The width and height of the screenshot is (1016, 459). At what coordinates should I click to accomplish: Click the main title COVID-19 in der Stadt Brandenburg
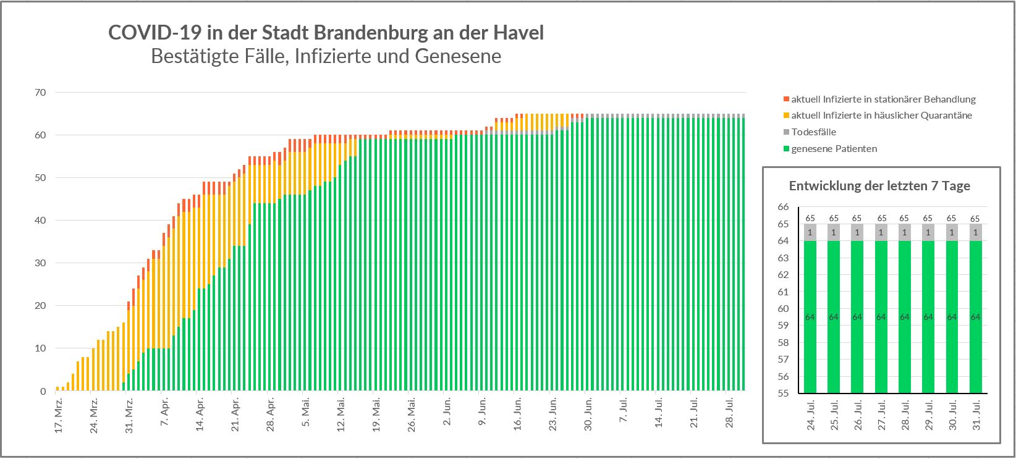pyautogui.click(x=326, y=33)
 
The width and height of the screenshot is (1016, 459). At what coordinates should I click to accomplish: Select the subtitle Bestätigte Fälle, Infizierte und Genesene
pyautogui.click(x=326, y=56)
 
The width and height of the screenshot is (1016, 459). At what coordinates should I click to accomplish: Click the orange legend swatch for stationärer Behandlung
pyautogui.click(x=786, y=99)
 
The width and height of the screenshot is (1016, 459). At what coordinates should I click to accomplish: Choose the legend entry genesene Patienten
pyautogui.click(x=834, y=149)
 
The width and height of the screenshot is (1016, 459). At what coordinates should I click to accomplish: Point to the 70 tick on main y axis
pyautogui.click(x=41, y=93)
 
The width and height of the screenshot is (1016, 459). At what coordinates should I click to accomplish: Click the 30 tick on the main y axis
pyautogui.click(x=41, y=263)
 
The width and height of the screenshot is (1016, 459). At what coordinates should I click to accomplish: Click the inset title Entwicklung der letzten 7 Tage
pyautogui.click(x=879, y=186)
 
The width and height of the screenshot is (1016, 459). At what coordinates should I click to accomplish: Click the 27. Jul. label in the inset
pyautogui.click(x=881, y=418)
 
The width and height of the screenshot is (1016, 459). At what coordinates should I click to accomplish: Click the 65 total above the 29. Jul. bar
pyautogui.click(x=928, y=218)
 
